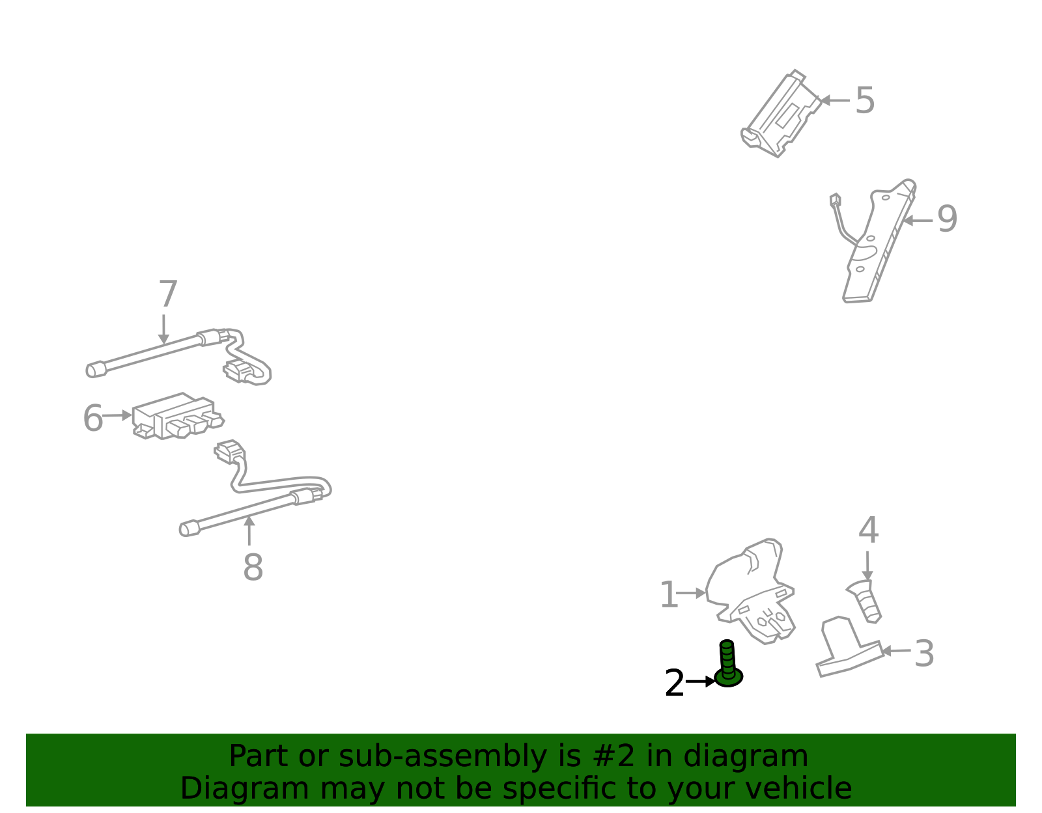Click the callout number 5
click(865, 101)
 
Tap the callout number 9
click(947, 219)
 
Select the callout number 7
click(168, 294)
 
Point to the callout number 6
click(93, 418)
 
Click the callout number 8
click(253, 567)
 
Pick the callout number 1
click(669, 594)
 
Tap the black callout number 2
click(674, 683)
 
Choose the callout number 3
click(924, 654)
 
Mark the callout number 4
click(868, 530)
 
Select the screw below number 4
click(865, 601)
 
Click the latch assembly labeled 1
click(750, 592)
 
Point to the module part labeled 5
click(781, 113)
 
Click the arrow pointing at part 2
click(700, 681)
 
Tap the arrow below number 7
click(164, 329)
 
